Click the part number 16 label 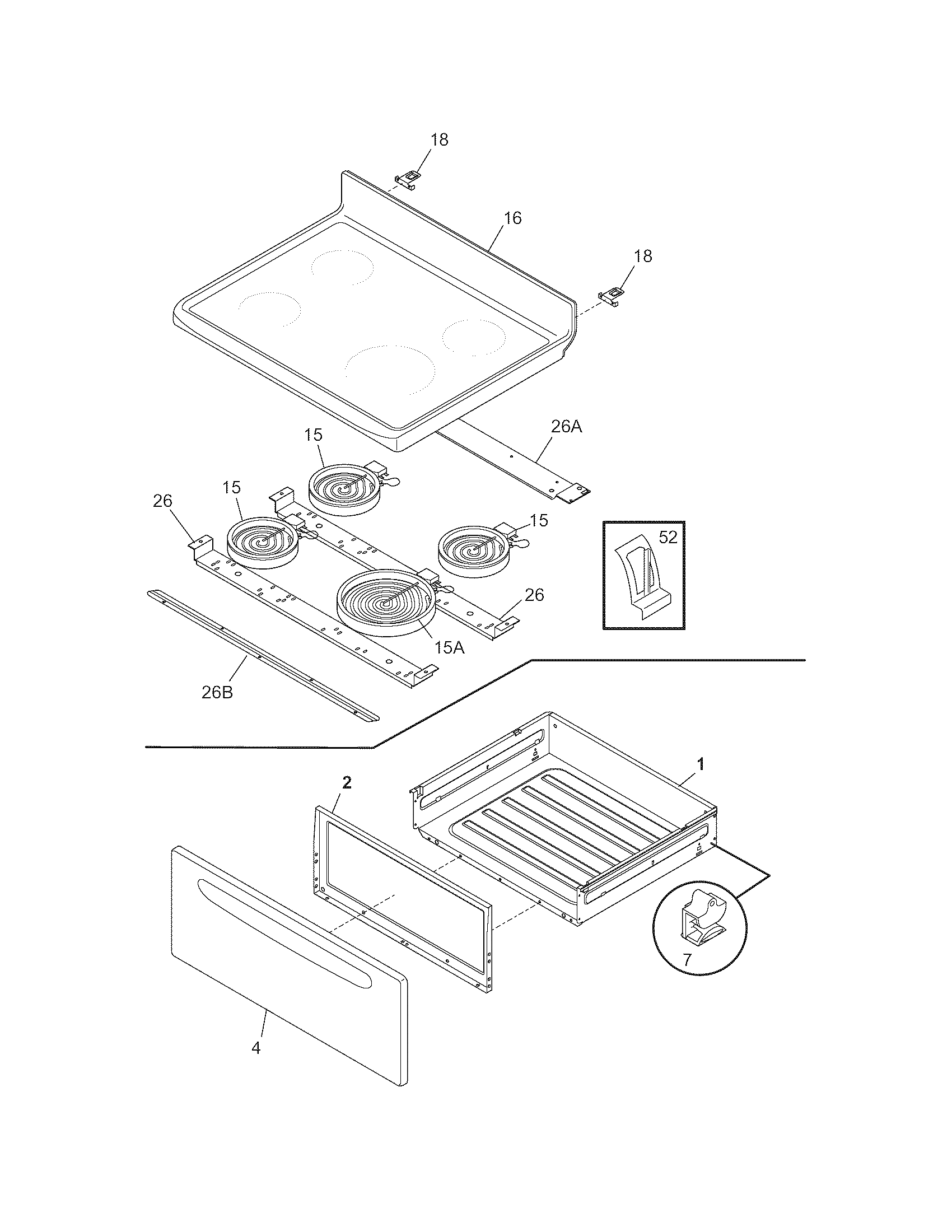pos(512,218)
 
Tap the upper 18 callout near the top pos(440,140)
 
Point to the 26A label pos(566,427)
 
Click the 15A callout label pos(449,647)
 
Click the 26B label pos(217,692)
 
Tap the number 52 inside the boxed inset pos(668,538)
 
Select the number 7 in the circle pos(687,959)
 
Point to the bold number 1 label pos(701,764)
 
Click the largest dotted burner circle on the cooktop pos(390,369)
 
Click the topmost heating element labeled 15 pos(342,487)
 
